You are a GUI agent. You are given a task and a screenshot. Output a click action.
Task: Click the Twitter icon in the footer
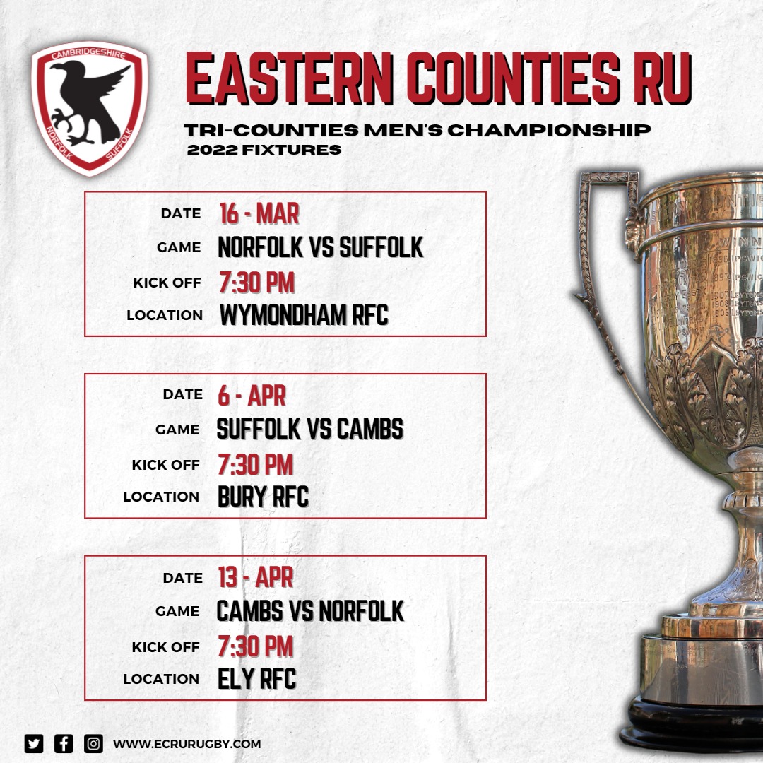coord(34,743)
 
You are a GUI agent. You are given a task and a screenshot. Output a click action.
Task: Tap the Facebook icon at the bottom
coord(64,743)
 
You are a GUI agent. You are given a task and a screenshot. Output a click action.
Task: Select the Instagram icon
coord(93,743)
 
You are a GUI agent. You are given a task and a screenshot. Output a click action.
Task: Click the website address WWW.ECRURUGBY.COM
coord(187,744)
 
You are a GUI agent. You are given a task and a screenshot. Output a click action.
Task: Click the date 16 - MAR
coord(259,213)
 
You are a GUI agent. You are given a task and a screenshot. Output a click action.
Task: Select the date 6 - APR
coord(252,396)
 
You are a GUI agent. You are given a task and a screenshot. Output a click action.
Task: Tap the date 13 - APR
coord(256,578)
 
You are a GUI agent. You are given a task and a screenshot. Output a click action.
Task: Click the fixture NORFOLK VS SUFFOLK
coord(321,248)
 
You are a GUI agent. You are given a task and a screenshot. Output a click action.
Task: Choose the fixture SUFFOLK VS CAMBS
coord(310,430)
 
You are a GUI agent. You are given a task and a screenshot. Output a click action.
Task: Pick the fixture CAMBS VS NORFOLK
coord(310,612)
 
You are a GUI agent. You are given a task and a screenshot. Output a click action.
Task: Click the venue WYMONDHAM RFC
coord(304,315)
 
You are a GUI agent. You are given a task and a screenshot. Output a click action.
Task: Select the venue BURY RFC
coord(264,497)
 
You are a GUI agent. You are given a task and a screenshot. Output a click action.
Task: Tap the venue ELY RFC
coord(257,679)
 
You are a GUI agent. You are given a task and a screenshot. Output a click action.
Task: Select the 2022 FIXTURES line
coord(264,150)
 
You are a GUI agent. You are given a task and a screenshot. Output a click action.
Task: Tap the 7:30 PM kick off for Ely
coord(256,646)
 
